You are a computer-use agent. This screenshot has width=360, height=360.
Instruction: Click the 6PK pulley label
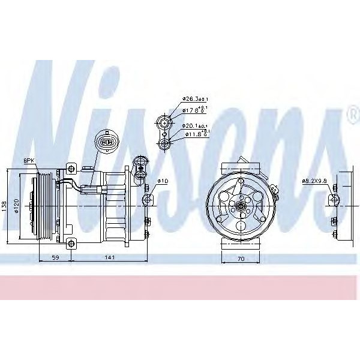pos(29,160)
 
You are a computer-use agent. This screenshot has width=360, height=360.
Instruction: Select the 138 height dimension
pos(5,206)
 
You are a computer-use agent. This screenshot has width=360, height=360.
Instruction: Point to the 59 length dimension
pos(55,259)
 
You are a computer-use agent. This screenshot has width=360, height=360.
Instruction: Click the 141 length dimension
pos(109,259)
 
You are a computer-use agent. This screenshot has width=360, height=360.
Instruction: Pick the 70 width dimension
pos(240,259)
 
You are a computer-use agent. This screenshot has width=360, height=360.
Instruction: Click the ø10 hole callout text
pos(162,181)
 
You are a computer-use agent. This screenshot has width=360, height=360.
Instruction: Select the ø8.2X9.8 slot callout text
pos(314,181)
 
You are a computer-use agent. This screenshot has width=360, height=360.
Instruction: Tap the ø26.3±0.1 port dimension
pos(195,100)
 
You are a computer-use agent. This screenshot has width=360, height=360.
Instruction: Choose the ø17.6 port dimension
pos(193,109)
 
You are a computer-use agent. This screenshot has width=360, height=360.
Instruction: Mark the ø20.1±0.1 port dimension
pos(195,126)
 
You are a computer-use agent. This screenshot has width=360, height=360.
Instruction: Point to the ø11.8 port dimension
pos(193,135)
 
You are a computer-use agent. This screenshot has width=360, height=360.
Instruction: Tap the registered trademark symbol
pos(352,112)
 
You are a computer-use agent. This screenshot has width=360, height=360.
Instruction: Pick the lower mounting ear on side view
pos(71,243)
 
